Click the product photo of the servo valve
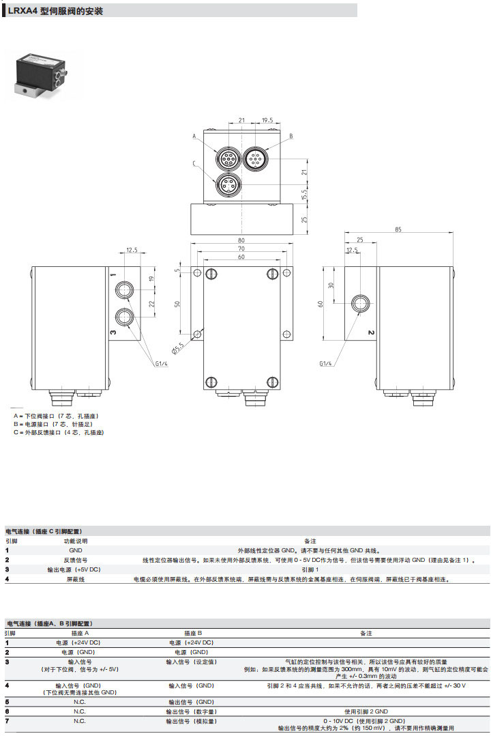tap(42, 74)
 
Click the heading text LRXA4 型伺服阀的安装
tap(56, 11)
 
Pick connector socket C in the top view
tap(226, 184)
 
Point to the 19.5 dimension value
tap(267, 121)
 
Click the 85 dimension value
tap(398, 230)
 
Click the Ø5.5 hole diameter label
tap(179, 347)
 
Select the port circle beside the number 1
tap(125, 289)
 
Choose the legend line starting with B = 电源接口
tap(53, 424)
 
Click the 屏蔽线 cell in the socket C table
tap(75, 579)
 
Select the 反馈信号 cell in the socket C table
tap(75, 560)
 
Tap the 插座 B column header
tap(190, 633)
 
